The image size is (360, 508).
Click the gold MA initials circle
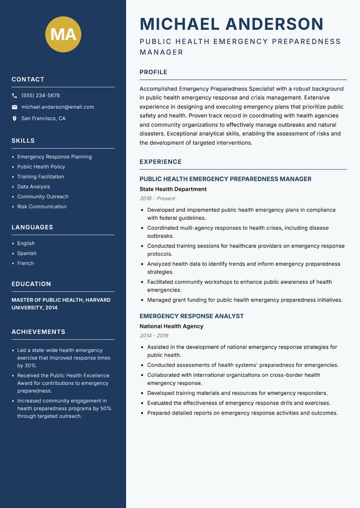click(63, 34)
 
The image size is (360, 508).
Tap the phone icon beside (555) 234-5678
click(14, 96)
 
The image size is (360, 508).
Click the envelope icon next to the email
click(14, 107)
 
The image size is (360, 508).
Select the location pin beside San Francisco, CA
click(14, 119)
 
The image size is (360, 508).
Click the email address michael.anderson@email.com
click(58, 107)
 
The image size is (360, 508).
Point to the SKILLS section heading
click(23, 141)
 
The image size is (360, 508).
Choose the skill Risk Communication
click(42, 207)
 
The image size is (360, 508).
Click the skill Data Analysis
click(33, 187)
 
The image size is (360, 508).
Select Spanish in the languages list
click(27, 254)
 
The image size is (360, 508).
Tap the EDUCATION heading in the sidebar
click(31, 284)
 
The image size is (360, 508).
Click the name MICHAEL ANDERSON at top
click(231, 24)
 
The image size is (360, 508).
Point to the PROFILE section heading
click(153, 72)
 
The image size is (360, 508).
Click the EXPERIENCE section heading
click(160, 162)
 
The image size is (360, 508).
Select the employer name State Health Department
click(173, 189)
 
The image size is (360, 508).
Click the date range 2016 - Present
click(157, 199)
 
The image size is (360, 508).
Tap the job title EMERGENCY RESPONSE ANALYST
click(191, 316)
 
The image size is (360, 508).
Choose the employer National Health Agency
click(171, 326)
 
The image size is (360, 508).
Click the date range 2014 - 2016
click(154, 336)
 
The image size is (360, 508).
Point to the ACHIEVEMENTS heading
click(38, 332)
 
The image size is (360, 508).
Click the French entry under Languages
click(25, 263)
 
